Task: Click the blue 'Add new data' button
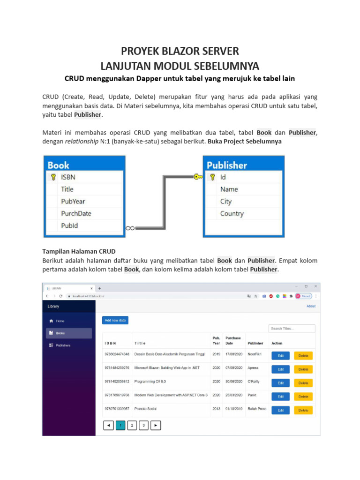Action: [115, 320]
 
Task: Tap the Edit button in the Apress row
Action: [280, 369]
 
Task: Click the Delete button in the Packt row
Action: [303, 397]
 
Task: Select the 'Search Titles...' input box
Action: [292, 329]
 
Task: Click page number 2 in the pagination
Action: [132, 426]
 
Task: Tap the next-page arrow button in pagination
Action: [156, 426]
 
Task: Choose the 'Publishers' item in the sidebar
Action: [63, 345]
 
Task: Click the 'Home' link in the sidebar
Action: [60, 321]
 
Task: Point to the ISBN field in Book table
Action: [68, 177]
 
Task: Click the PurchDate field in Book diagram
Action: [76, 213]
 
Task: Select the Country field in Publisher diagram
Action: [232, 214]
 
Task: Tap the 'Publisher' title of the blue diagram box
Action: [227, 165]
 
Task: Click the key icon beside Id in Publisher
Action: [212, 177]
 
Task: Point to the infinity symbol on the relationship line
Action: [130, 228]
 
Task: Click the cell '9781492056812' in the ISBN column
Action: [117, 382]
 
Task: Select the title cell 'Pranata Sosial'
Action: [146, 409]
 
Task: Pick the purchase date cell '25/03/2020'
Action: [233, 395]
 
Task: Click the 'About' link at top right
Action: [311, 306]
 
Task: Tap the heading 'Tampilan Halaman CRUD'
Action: [79, 251]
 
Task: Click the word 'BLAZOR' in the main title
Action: [180, 51]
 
